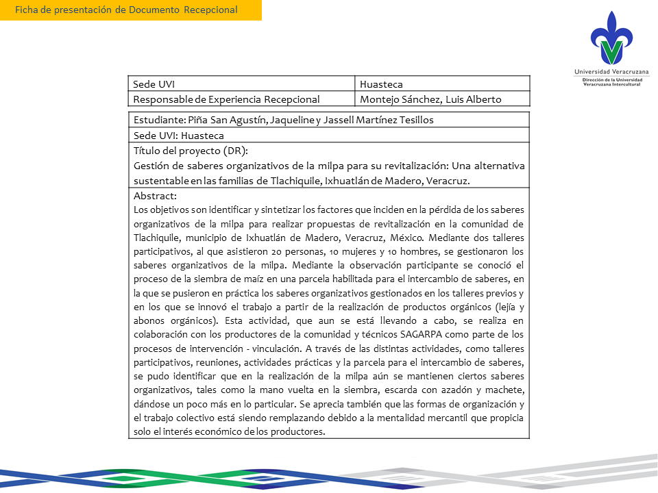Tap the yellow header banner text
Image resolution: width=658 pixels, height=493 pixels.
point(127,10)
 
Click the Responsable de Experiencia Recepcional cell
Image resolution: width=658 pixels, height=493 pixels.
point(226,99)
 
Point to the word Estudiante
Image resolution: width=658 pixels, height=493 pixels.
point(156,120)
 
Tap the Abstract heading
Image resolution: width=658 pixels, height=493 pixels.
point(155,196)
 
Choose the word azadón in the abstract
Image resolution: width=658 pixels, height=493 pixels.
point(443,390)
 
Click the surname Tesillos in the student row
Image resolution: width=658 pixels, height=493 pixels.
point(413,120)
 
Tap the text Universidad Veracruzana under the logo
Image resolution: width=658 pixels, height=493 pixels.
point(611,72)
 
